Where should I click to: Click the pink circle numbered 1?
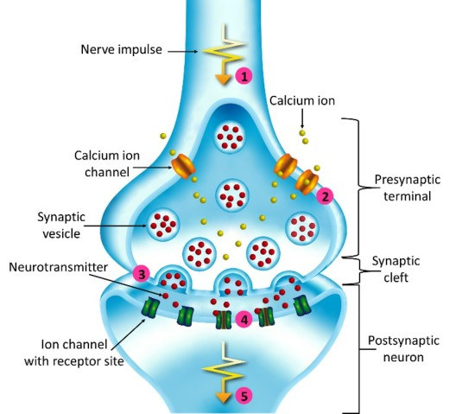245,76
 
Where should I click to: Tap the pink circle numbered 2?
325,196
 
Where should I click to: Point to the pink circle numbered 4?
245,320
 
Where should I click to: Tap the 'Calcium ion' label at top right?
303,100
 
